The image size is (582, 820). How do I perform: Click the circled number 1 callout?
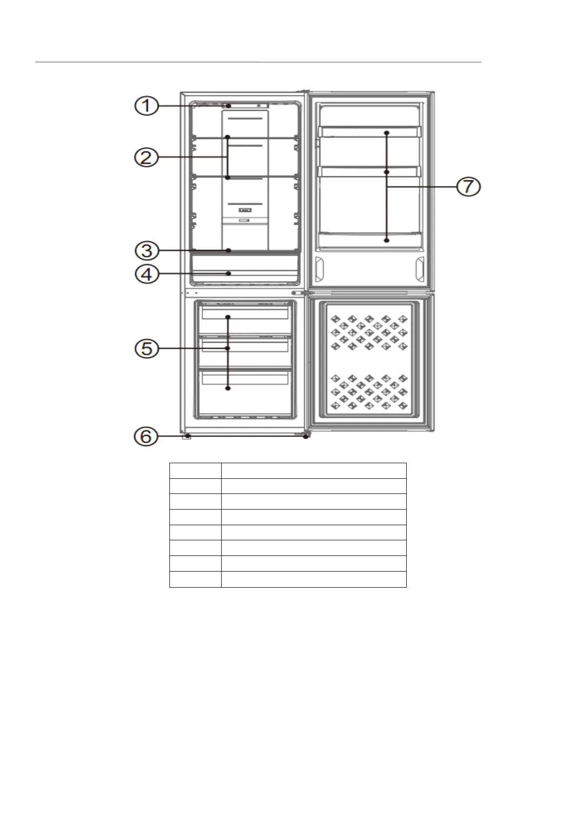point(146,106)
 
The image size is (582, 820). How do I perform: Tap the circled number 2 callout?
point(146,157)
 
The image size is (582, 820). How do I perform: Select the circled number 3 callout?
point(147,251)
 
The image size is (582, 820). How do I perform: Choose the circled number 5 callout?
point(147,348)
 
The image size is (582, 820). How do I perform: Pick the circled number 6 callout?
point(146,436)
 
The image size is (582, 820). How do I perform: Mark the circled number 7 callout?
point(468,186)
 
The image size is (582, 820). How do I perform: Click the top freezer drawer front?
point(245,314)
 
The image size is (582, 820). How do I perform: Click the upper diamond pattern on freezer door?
point(369,332)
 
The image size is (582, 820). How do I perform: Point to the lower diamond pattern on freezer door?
point(369,392)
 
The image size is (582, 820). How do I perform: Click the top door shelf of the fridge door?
point(370,132)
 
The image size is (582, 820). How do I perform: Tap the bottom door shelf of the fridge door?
point(370,240)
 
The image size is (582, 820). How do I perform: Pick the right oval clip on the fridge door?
point(420,269)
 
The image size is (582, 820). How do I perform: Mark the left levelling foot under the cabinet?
point(187,436)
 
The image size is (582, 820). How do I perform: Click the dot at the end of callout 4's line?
point(229,273)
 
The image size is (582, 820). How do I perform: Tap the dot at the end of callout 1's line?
point(229,106)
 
